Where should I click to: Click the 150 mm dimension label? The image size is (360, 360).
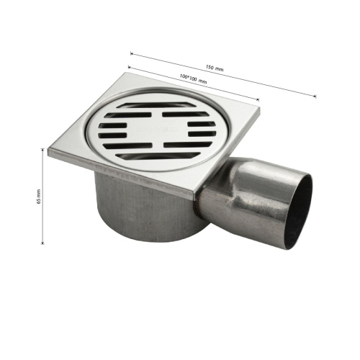point(215,68)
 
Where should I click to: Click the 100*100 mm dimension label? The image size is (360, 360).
point(193,78)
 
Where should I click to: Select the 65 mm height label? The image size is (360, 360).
point(39,197)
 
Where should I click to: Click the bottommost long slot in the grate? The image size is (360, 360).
point(158,156)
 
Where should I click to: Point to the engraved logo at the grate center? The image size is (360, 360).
point(157,130)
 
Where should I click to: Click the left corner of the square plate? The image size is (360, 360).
point(48,150)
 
